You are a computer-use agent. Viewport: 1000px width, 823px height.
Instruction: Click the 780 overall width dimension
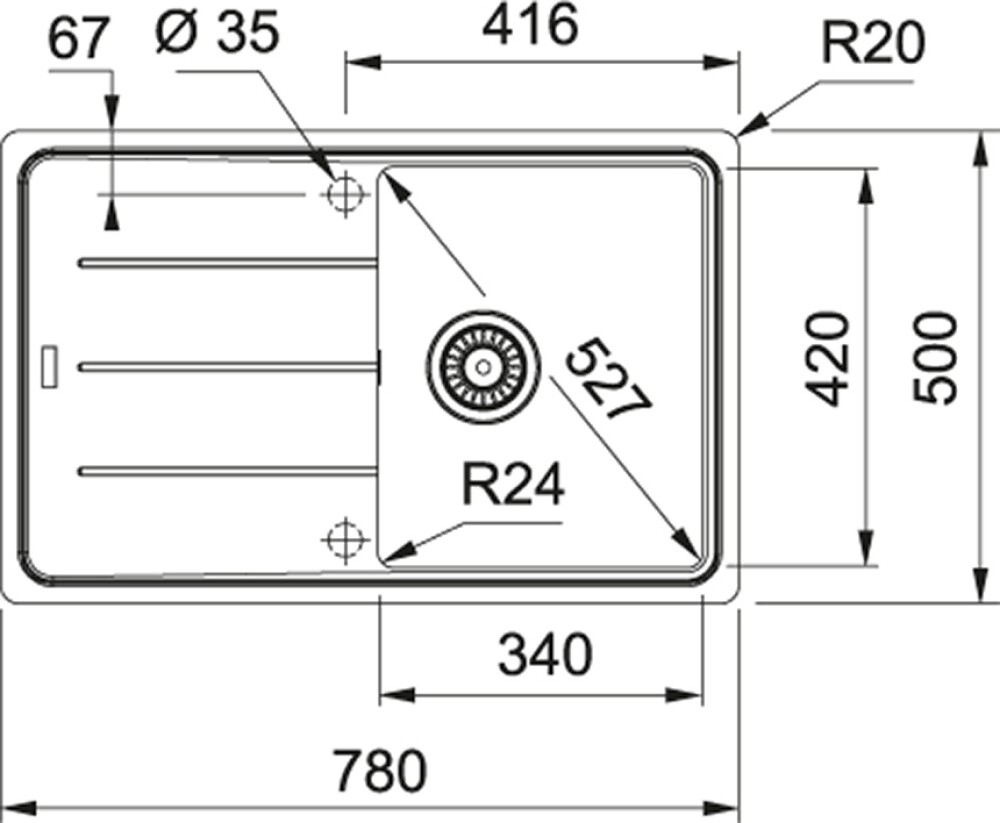point(380,770)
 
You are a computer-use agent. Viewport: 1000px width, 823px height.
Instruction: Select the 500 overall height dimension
point(935,358)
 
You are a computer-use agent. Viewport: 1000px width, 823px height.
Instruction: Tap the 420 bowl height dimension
point(828,359)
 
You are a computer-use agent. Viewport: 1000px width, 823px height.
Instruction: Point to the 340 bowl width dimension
point(545,654)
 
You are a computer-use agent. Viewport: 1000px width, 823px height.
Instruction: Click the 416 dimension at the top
point(530,24)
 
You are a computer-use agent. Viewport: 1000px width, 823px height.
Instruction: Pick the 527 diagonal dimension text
point(608,380)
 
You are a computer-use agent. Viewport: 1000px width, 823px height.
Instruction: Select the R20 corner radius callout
point(872,43)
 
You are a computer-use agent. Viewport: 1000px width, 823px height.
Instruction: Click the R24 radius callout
point(513,484)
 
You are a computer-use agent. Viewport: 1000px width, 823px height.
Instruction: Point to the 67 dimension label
point(76,39)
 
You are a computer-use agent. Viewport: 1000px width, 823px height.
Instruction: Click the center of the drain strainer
point(483,367)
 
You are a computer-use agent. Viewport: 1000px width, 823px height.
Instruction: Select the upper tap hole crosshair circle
point(345,193)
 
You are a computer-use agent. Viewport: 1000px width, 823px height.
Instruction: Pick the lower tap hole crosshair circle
point(345,540)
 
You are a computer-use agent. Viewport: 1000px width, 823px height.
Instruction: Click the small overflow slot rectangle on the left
point(49,367)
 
